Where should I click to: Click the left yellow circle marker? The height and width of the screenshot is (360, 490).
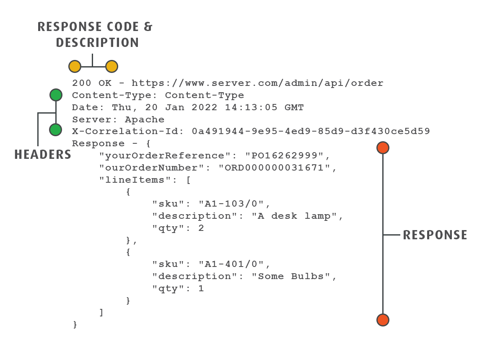tap(75, 66)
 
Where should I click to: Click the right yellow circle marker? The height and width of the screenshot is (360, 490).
tap(111, 66)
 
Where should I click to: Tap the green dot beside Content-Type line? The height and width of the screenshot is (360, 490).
tap(56, 95)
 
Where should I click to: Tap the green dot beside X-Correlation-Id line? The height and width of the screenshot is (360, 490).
tap(56, 129)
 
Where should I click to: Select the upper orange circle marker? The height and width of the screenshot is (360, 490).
tap(383, 148)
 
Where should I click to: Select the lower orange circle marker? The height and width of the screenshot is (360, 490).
tap(383, 320)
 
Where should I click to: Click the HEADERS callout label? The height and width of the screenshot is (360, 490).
tap(43, 155)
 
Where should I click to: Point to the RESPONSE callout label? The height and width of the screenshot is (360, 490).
tap(435, 235)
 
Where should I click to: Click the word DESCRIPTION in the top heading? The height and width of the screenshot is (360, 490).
tap(97, 43)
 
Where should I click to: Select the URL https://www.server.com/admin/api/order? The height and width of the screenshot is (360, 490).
tap(257, 83)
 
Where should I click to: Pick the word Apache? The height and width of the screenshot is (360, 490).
tap(145, 119)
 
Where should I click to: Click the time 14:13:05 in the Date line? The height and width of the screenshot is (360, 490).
tap(251, 107)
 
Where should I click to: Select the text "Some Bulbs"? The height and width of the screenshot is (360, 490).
tap(293, 277)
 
